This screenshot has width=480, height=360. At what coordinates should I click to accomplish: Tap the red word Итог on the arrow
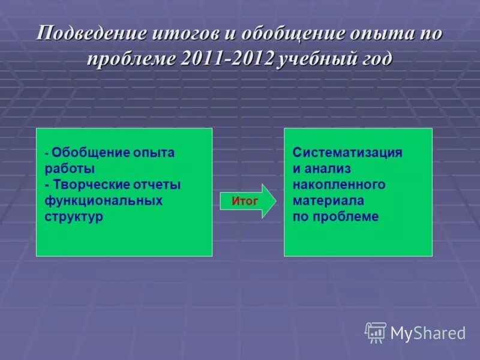pos(245,202)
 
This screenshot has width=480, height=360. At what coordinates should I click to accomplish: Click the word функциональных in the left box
pos(103,200)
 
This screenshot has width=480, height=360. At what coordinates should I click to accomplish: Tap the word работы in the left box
pos(70,169)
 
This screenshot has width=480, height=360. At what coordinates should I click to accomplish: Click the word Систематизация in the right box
pos(347,152)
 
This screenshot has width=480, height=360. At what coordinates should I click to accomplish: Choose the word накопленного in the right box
pos(339,185)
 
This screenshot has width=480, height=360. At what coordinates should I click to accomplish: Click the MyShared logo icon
pos(376,332)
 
